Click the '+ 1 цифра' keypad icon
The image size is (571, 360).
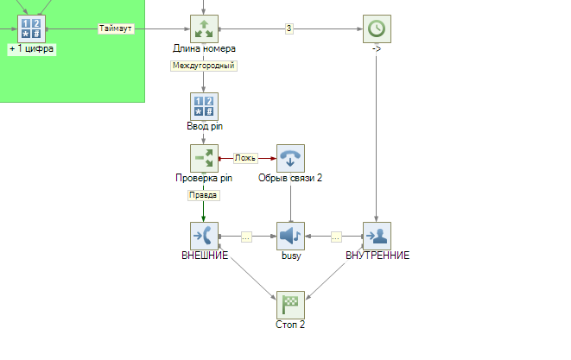coord(31,28)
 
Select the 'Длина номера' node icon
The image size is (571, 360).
coord(204,28)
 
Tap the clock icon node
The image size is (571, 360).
coord(377,28)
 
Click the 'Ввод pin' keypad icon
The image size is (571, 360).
coord(204,106)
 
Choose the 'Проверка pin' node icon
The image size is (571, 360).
coord(204,158)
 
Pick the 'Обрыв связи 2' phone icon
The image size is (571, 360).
coord(290,158)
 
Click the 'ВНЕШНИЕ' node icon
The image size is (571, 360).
coord(204,236)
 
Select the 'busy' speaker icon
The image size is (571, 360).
coord(290,236)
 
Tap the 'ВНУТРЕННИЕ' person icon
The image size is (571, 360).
coord(377,236)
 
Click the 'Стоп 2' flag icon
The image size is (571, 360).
coord(290,305)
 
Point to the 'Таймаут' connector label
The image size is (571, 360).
coord(116,28)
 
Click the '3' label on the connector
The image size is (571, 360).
coord(289,28)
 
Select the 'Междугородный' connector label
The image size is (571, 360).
coord(204,65)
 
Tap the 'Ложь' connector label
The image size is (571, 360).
coord(245,158)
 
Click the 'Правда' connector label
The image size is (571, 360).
coord(204,195)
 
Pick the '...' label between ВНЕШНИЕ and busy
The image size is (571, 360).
coord(246,236)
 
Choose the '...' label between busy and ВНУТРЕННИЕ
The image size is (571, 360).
coord(336,236)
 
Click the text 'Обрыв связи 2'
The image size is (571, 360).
coord(290,178)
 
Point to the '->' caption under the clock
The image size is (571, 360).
coord(377,48)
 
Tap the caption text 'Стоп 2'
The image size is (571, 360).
coord(290,325)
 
